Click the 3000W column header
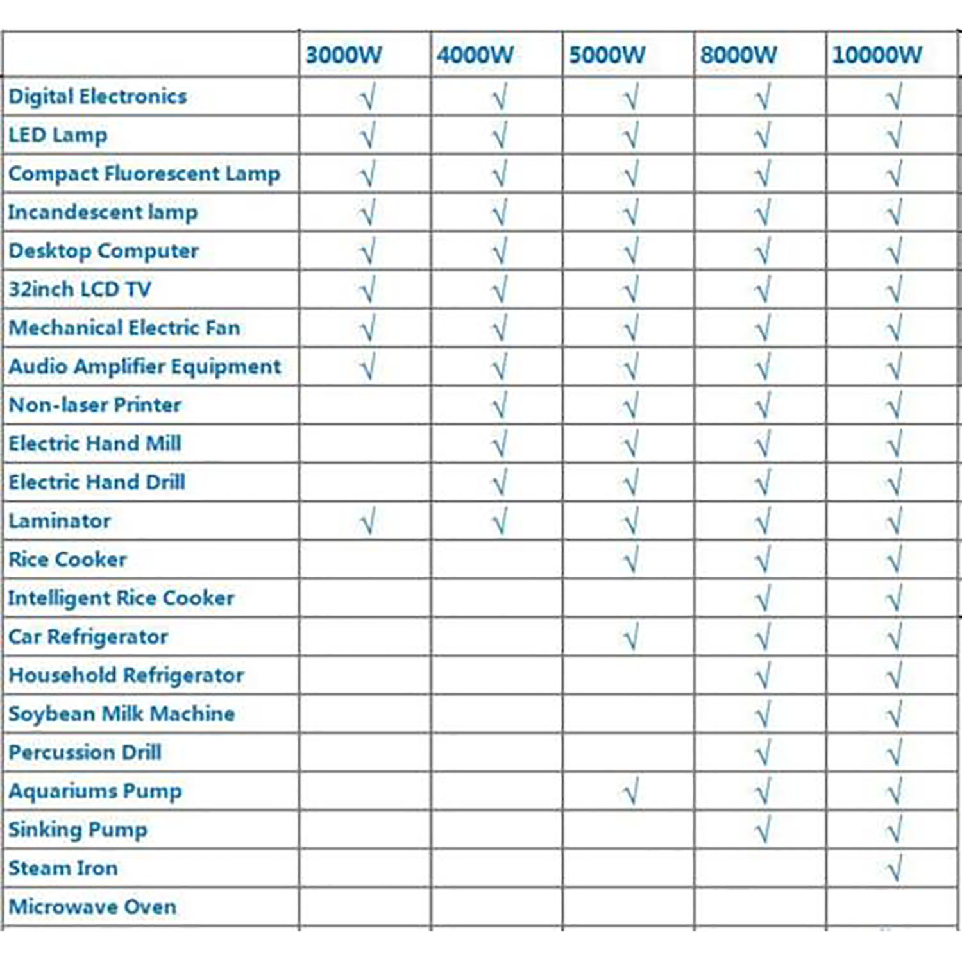coord(344,55)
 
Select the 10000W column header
coord(877,55)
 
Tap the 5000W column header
coord(607,55)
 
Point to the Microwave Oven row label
coord(92,907)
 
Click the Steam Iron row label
coord(63,868)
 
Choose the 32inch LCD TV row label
coord(80,289)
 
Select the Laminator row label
coord(60,521)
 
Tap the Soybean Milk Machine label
coord(121,714)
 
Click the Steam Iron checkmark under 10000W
coord(894,868)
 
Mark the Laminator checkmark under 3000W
coord(367,521)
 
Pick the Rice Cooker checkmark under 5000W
coord(631,560)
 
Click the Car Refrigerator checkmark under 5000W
coord(631,637)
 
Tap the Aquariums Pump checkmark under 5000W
coord(631,792)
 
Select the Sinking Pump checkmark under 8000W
coord(763,831)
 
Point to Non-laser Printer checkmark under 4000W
coord(499,405)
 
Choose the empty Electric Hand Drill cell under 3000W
coord(364,482)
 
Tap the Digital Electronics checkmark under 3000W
coord(367,97)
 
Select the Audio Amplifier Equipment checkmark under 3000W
coord(367,367)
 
